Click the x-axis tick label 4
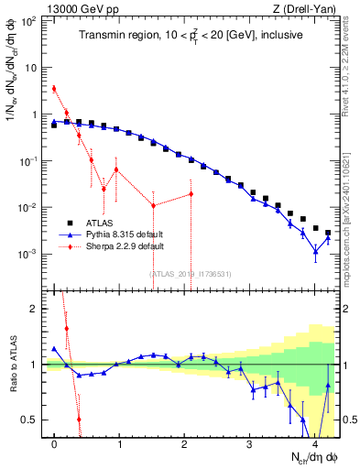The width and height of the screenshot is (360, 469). point(314,443)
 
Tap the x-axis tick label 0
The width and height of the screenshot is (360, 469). point(55,443)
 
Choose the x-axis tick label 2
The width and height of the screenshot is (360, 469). point(185,443)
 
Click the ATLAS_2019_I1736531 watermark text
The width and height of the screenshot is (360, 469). point(191,274)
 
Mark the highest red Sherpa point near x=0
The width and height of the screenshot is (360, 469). point(54,89)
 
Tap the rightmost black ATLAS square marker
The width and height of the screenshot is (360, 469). point(328,233)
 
